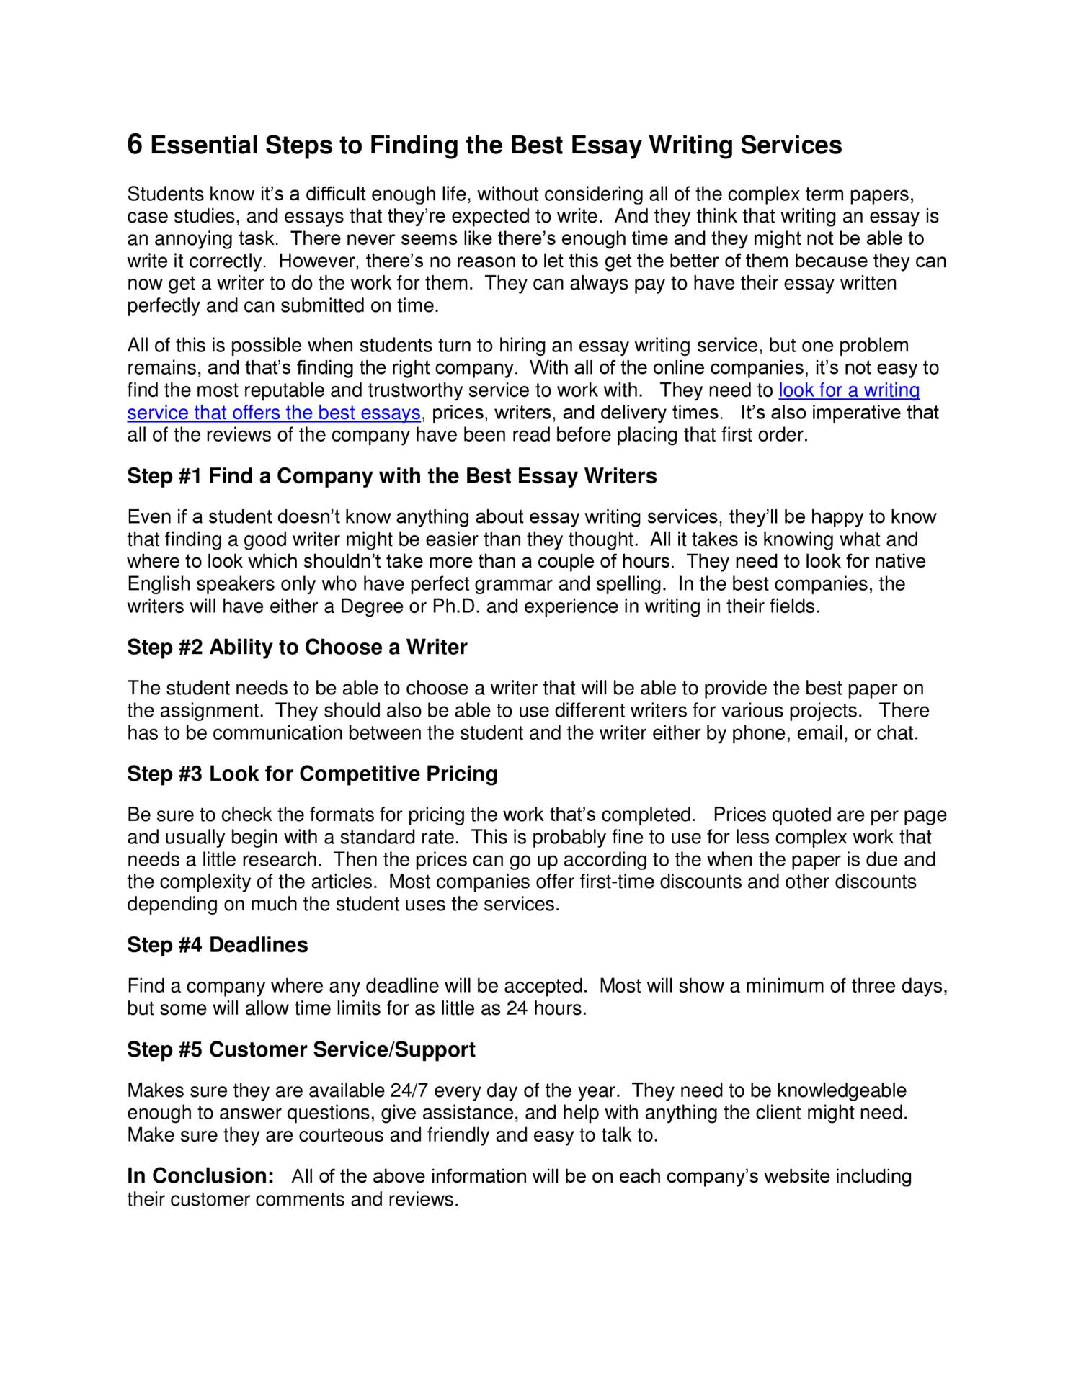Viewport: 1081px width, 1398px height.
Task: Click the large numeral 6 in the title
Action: [135, 145]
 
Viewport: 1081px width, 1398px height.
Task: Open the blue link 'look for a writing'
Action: [849, 390]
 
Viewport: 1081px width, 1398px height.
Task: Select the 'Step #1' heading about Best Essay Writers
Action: [391, 476]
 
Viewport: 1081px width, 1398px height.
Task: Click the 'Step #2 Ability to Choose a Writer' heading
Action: [297, 648]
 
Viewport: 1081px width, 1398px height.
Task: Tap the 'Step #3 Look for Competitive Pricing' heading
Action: [312, 774]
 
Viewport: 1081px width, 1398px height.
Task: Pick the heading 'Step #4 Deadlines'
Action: [217, 945]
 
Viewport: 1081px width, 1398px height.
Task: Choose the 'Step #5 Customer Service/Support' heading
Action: [301, 1050]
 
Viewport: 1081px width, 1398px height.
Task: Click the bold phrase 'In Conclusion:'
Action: [200, 1176]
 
